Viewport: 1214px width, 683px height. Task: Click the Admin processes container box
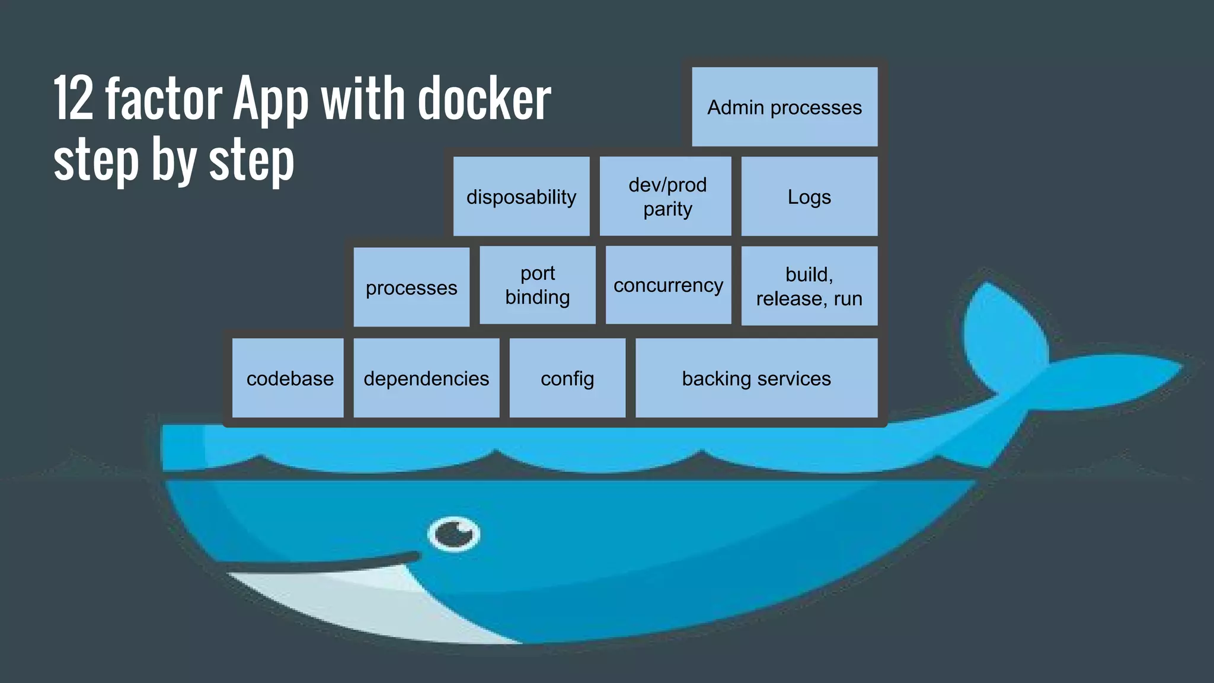784,107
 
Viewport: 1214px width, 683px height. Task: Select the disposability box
521,196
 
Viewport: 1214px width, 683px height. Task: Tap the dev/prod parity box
666,196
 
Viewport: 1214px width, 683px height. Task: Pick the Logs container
809,196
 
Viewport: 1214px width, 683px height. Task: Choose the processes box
411,287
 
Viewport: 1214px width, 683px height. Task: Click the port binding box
538,285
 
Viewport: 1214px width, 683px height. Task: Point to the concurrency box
668,285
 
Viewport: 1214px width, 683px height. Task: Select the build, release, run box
809,286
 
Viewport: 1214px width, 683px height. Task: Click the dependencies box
426,378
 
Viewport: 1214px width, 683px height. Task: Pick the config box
567,378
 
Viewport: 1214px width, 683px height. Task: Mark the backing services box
756,378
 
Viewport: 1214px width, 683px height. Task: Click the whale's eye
454,534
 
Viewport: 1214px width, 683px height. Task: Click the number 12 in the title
74,98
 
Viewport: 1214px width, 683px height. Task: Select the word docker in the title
484,98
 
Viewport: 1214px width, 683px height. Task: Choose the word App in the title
271,98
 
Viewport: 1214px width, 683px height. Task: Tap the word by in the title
174,160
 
